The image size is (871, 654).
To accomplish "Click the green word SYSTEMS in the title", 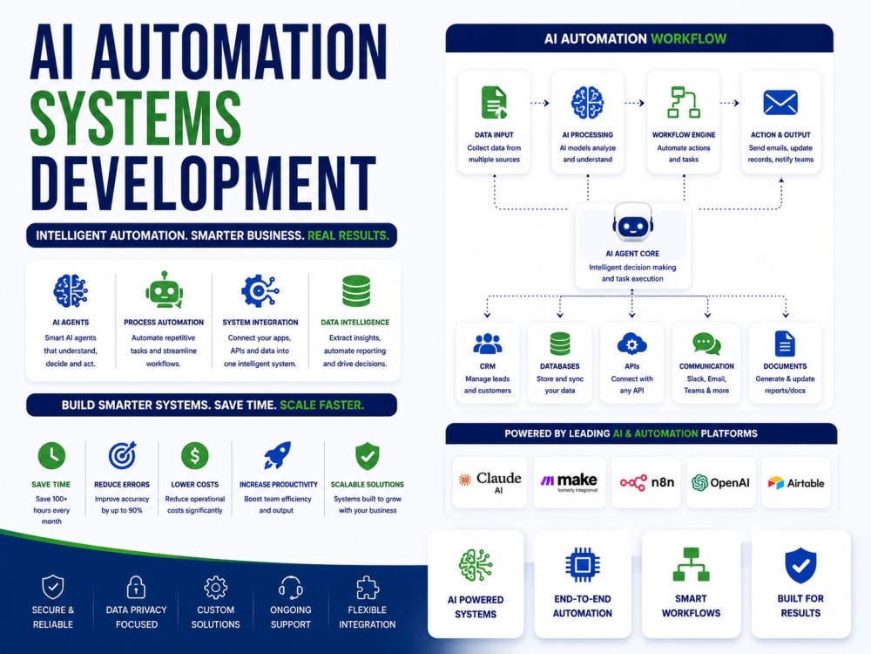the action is pyautogui.click(x=136, y=119).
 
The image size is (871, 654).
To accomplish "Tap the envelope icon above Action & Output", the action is pyautogui.click(x=780, y=102).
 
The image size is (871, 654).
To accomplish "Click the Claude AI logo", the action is pyautogui.click(x=490, y=481).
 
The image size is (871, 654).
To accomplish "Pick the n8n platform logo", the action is pyautogui.click(x=646, y=482).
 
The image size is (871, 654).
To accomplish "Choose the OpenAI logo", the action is pyautogui.click(x=720, y=483).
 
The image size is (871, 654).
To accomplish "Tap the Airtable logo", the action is pyautogui.click(x=796, y=483).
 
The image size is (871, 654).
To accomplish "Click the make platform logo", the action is pyautogui.click(x=569, y=481).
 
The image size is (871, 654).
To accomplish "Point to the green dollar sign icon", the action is pyautogui.click(x=195, y=455).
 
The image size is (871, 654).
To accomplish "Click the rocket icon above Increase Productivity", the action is pyautogui.click(x=277, y=455).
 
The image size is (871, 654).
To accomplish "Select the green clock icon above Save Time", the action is pyautogui.click(x=51, y=455).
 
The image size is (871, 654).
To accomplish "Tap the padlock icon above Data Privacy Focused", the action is pyautogui.click(x=136, y=587).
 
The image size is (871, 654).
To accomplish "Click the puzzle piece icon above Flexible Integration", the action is pyautogui.click(x=368, y=587).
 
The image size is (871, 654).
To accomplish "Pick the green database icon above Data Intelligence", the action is pyautogui.click(x=356, y=291).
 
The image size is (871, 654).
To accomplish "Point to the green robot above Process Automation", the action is pyautogui.click(x=164, y=290).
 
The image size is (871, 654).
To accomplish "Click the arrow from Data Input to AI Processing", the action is pyautogui.click(x=540, y=103).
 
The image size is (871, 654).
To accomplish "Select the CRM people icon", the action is pyautogui.click(x=488, y=344).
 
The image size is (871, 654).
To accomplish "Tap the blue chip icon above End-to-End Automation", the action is pyautogui.click(x=582, y=565).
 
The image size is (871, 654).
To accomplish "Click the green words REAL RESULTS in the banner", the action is pyautogui.click(x=348, y=235).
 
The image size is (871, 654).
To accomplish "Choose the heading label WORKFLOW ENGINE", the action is pyautogui.click(x=684, y=134).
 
